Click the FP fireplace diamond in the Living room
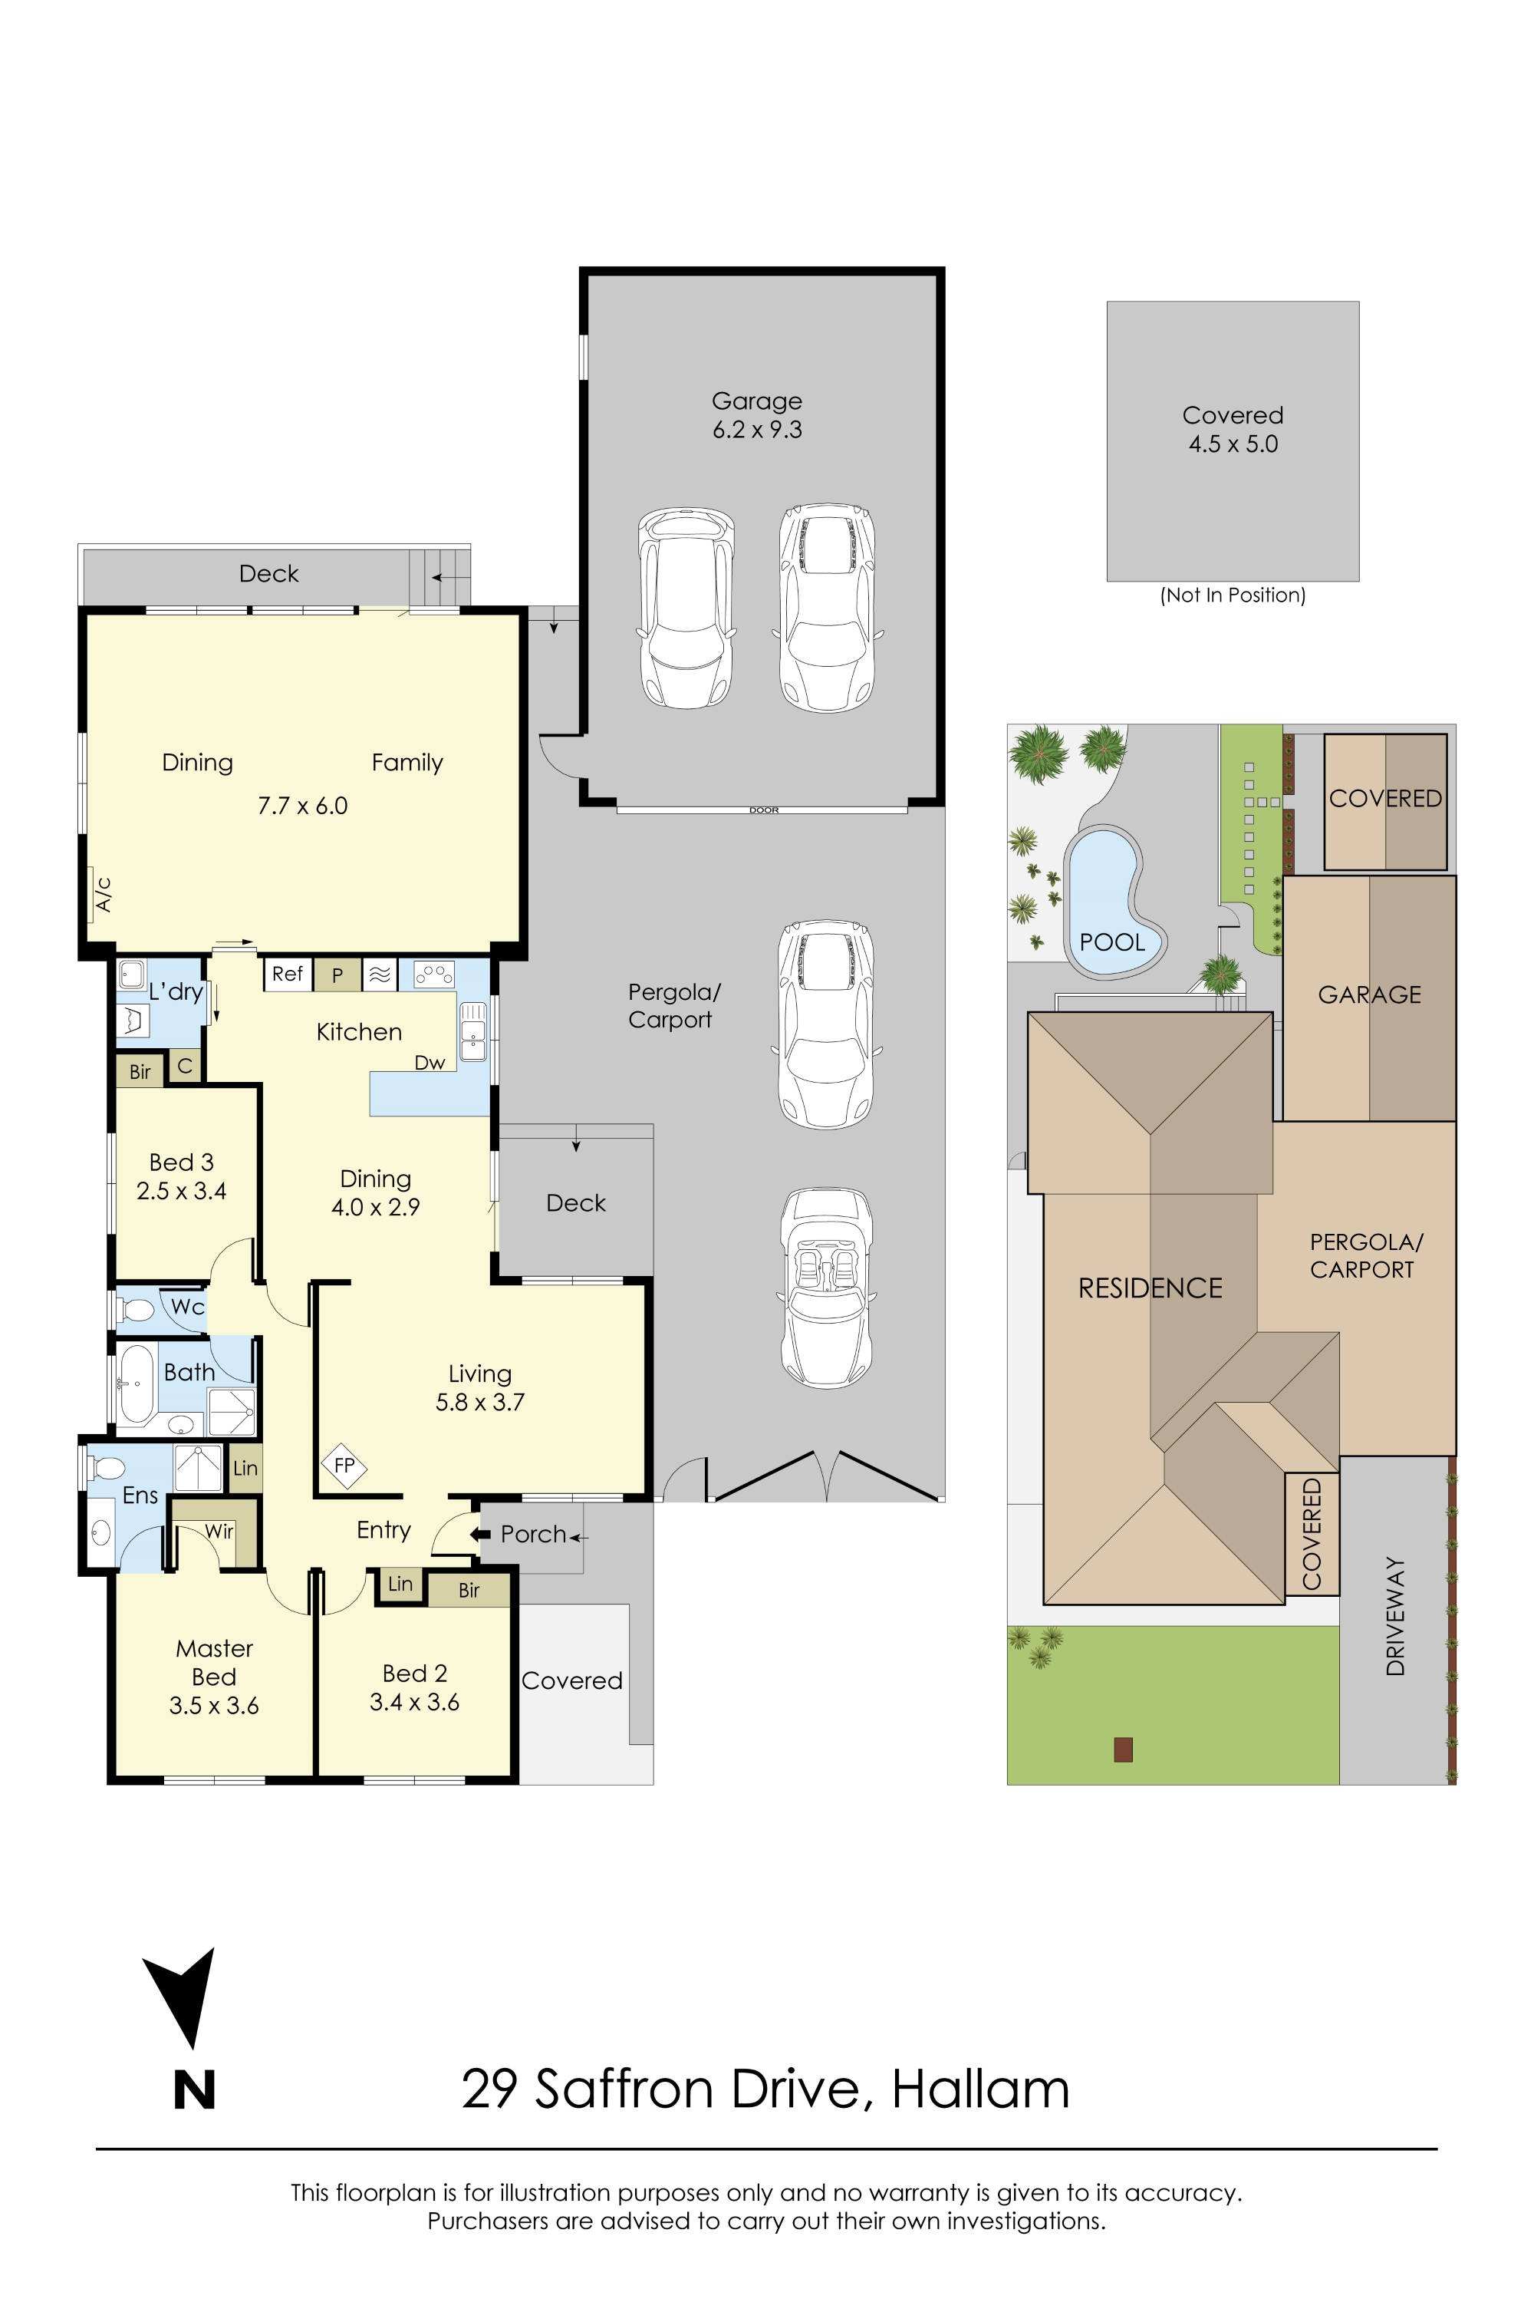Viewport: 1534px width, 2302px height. [344, 1465]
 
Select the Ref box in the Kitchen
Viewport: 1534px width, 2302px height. [288, 974]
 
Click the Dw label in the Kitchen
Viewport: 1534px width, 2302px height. [430, 1063]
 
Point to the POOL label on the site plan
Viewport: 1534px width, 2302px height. [1112, 942]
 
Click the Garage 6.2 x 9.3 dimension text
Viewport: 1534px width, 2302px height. [757, 430]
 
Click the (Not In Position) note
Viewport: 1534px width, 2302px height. [1233, 595]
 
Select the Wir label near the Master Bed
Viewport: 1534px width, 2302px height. [218, 1531]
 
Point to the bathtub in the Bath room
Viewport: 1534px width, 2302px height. [134, 1383]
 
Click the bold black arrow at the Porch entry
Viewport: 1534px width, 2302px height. [479, 1534]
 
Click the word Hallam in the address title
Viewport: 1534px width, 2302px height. [980, 2089]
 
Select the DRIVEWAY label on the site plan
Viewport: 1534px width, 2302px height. [1395, 1616]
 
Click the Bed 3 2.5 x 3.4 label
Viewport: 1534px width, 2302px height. [181, 1176]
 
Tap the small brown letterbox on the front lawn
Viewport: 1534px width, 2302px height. [1123, 1749]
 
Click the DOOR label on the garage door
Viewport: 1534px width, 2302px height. [763, 810]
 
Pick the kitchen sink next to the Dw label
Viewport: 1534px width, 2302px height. [473, 1031]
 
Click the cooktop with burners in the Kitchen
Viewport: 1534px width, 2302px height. [433, 974]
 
